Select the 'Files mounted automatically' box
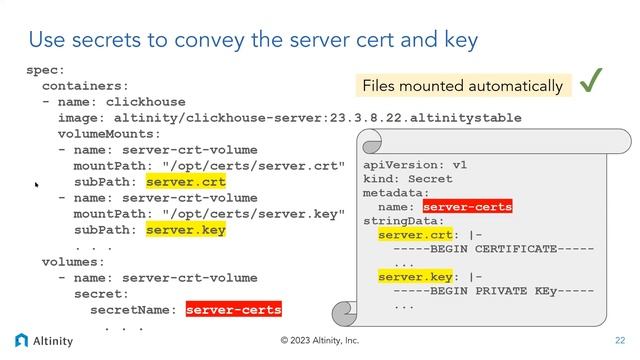click(462, 86)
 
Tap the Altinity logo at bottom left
click(44, 340)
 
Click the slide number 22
click(619, 340)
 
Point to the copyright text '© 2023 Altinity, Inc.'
click(320, 340)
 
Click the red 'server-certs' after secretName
click(233, 310)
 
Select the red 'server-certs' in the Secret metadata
click(467, 207)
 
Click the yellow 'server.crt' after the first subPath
click(185, 182)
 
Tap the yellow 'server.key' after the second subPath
click(185, 230)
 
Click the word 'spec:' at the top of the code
click(45, 70)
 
